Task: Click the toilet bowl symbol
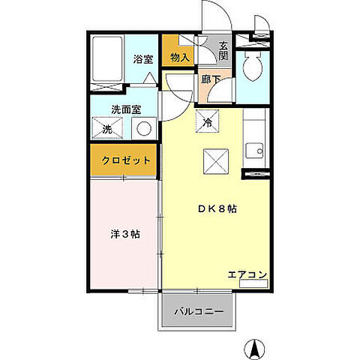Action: pyautogui.click(x=253, y=67)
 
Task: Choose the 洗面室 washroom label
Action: pyautogui.click(x=126, y=109)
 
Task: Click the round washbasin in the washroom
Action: pyautogui.click(x=144, y=128)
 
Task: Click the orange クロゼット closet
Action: pyautogui.click(x=125, y=160)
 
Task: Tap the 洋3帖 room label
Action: pyautogui.click(x=125, y=234)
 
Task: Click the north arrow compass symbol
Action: pyautogui.click(x=255, y=347)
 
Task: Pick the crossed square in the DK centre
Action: pyautogui.click(x=214, y=160)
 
